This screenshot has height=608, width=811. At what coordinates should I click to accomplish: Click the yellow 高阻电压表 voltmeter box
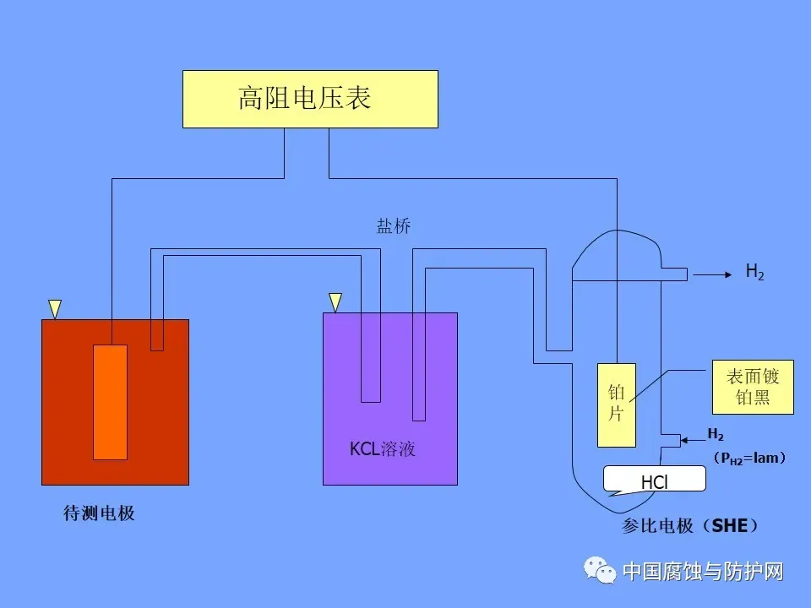click(x=310, y=99)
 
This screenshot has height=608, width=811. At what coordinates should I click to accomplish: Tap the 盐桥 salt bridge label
click(x=393, y=226)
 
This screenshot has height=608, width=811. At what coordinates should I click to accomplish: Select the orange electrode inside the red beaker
click(x=110, y=402)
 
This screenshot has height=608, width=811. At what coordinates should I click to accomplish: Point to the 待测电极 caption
click(x=99, y=513)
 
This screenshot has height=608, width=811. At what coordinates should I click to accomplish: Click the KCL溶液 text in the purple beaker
click(x=383, y=448)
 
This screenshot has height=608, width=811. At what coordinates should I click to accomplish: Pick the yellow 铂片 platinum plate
click(x=617, y=404)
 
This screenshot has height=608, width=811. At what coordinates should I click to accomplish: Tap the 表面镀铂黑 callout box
click(x=752, y=388)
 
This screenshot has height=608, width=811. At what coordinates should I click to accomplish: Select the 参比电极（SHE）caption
click(x=690, y=526)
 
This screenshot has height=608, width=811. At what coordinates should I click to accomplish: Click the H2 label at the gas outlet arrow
click(x=754, y=272)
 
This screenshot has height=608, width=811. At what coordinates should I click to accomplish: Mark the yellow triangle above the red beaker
click(x=55, y=309)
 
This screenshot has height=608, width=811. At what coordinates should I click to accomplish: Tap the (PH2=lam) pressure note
click(x=749, y=458)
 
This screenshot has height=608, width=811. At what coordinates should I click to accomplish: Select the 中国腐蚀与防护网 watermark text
click(x=703, y=572)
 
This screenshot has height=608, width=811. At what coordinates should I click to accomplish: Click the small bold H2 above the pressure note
click(x=716, y=435)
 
